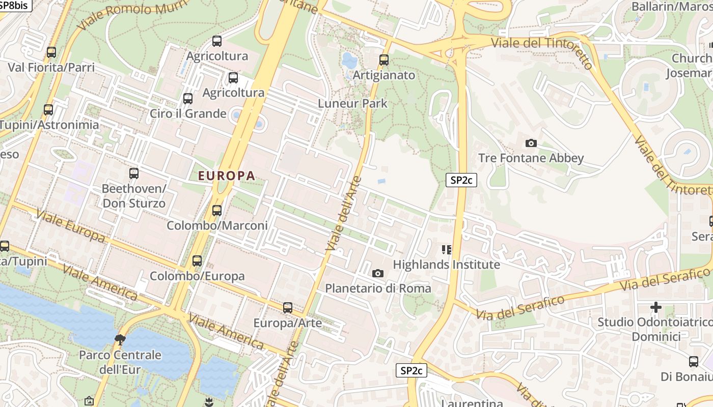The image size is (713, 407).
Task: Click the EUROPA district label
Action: [x=226, y=176]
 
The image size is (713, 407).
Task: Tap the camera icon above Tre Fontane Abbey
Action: [x=531, y=143]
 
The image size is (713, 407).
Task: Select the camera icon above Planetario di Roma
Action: [x=377, y=274]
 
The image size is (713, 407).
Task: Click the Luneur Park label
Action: [x=352, y=103]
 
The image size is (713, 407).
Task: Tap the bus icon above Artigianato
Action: [x=384, y=60]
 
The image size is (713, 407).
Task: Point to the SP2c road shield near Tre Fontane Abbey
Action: [x=461, y=180]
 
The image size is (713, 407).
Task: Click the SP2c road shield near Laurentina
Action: [x=411, y=370]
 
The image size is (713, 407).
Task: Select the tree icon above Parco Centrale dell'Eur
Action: [x=120, y=339]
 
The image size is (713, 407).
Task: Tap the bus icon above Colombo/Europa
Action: [x=197, y=261]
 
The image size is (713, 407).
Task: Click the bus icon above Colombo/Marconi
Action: [x=217, y=210]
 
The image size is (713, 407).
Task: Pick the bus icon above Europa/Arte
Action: [x=288, y=308]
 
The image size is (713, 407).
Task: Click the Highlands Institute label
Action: [x=446, y=265]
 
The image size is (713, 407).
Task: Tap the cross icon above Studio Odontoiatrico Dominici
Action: [x=656, y=307]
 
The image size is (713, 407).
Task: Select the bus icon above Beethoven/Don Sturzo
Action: [x=134, y=173]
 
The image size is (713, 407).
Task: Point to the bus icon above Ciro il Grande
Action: [x=188, y=99]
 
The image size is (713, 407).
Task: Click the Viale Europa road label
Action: [x=70, y=227]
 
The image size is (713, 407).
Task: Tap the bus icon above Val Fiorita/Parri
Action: [x=51, y=52]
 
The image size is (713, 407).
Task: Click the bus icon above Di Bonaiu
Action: [x=694, y=362]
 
